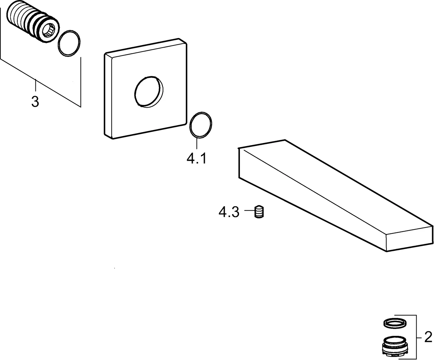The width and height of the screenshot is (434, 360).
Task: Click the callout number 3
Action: (35, 102)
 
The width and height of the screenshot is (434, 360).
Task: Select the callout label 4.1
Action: (196, 158)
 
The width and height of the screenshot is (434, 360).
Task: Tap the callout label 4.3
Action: (229, 212)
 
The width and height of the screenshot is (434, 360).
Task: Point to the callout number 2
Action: (428, 337)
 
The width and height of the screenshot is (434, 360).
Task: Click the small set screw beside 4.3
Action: (259, 212)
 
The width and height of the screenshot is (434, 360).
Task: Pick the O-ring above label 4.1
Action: (201, 125)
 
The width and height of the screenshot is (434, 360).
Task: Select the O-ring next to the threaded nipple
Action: (69, 43)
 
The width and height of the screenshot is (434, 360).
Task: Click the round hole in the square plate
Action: (149, 92)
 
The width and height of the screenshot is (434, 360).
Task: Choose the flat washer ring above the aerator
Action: (395, 323)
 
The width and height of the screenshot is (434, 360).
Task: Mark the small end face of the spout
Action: (409, 239)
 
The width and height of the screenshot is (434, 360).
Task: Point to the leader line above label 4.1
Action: (197, 143)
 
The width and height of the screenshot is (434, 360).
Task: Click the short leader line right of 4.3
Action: (249, 210)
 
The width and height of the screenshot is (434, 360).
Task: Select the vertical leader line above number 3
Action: (36, 85)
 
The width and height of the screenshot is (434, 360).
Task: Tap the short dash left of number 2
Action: (419, 337)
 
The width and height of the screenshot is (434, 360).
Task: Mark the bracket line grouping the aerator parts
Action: (416, 337)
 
